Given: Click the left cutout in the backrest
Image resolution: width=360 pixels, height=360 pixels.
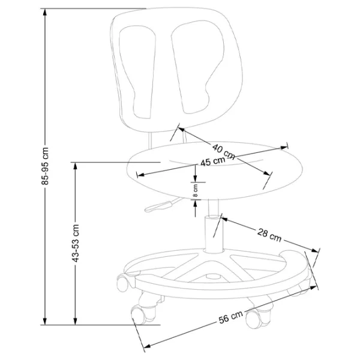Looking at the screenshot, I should (x=139, y=72).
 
